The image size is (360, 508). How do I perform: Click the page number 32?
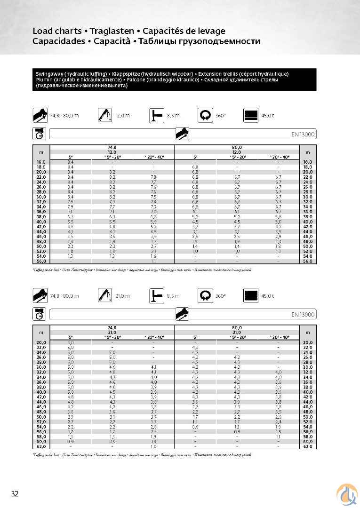15,493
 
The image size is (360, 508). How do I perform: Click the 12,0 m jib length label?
122,115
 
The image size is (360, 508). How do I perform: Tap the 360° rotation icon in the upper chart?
205,115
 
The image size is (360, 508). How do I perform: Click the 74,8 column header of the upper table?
112,148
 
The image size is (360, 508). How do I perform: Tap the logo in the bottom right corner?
346,494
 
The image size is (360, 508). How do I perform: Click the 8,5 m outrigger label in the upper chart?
173,115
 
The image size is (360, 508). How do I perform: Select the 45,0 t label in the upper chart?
268,115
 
